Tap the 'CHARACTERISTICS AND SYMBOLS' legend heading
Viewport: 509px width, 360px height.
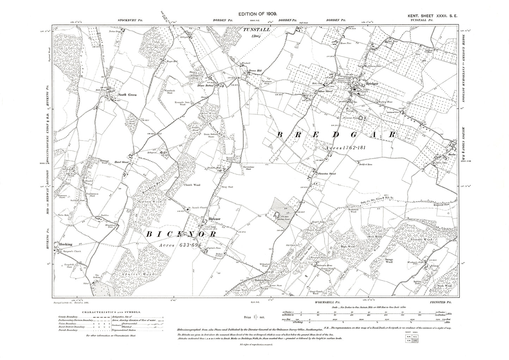[x=111, y=312]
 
